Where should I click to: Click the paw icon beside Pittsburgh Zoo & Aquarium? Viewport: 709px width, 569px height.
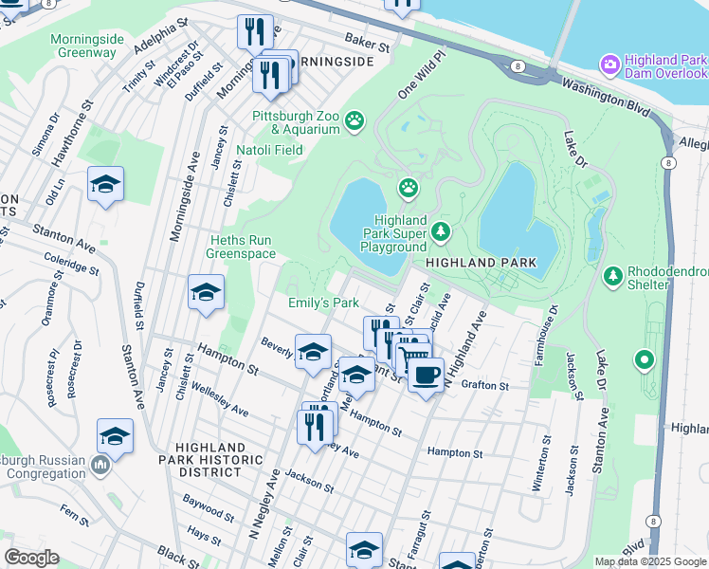[354, 120]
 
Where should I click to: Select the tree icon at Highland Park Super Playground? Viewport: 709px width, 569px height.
[441, 230]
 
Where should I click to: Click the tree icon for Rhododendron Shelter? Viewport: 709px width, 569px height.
[613, 276]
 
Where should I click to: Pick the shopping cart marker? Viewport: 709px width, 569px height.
[413, 359]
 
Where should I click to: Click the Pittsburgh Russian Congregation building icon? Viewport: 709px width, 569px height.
[100, 465]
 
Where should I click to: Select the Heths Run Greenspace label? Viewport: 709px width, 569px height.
[242, 247]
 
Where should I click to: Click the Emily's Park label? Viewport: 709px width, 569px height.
[324, 303]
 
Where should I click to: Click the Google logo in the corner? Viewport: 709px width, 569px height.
[31, 558]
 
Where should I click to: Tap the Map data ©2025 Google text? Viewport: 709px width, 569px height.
[649, 561]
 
